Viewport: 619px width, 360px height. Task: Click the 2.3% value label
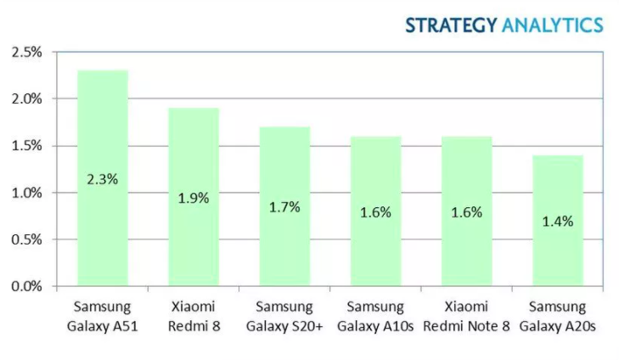pyautogui.click(x=102, y=180)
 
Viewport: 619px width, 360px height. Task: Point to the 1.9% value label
pyautogui.click(x=193, y=199)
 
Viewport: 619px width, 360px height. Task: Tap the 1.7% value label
pyautogui.click(x=284, y=207)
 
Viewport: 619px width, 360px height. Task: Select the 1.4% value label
pyautogui.click(x=558, y=222)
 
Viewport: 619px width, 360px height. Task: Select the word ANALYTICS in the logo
pyautogui.click(x=552, y=24)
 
